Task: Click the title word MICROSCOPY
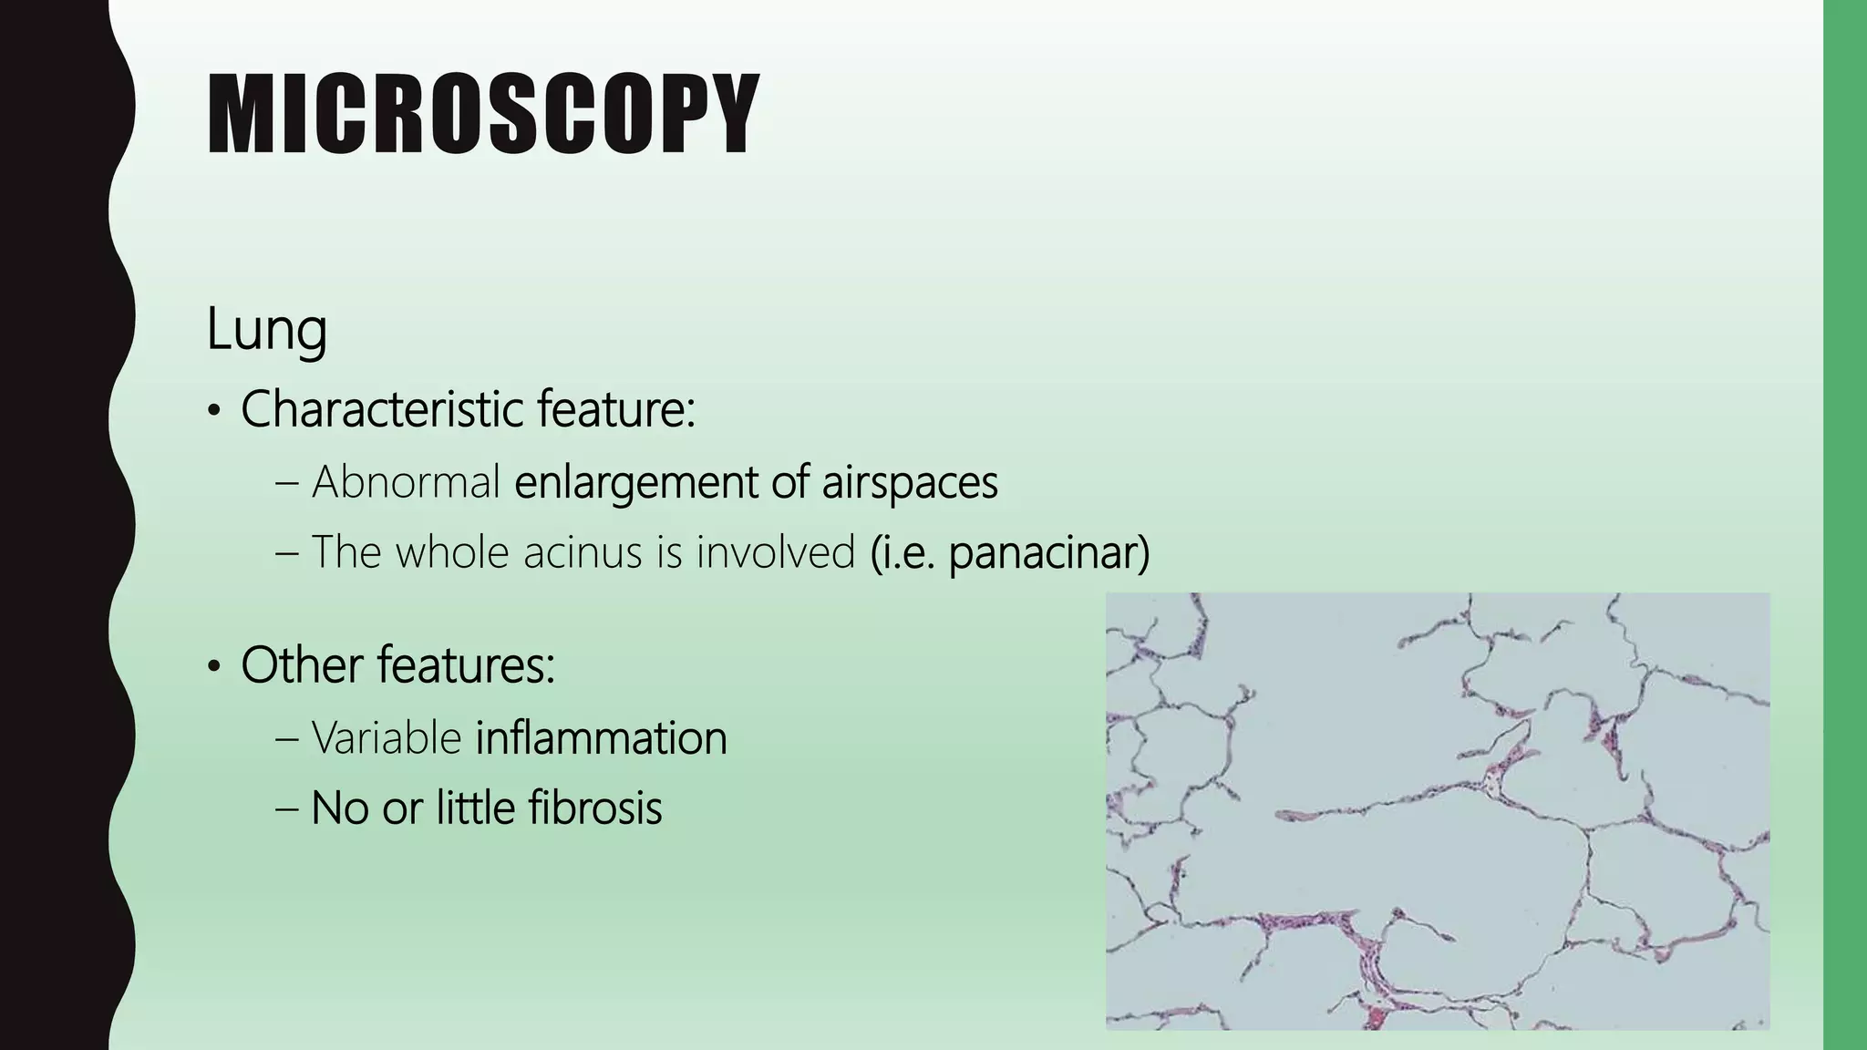pyautogui.click(x=482, y=116)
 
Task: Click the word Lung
pyautogui.click(x=266, y=329)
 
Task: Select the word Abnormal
pyautogui.click(x=406, y=482)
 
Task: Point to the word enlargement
pyautogui.click(x=634, y=482)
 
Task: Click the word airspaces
pyautogui.click(x=909, y=482)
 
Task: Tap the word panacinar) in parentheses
pyautogui.click(x=1048, y=552)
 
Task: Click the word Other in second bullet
pyautogui.click(x=302, y=664)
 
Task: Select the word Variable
pyautogui.click(x=386, y=737)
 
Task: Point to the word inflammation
pyautogui.click(x=601, y=737)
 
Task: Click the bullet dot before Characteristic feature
pyautogui.click(x=213, y=413)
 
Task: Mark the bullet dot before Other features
pyautogui.click(x=213, y=668)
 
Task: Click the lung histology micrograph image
pyautogui.click(x=1437, y=810)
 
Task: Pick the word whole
pyautogui.click(x=451, y=552)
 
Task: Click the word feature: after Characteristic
pyautogui.click(x=615, y=409)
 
